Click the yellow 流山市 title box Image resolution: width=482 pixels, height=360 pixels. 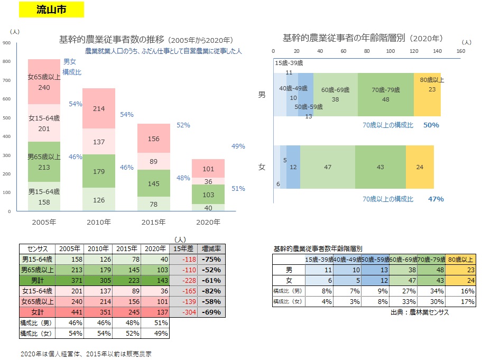coord(51,10)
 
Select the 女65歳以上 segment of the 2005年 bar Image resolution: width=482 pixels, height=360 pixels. coord(44,82)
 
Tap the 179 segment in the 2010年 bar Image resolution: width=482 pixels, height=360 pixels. coord(99,171)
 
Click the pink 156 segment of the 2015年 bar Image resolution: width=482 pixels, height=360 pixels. coord(154,139)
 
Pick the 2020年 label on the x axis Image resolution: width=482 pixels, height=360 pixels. coord(208,223)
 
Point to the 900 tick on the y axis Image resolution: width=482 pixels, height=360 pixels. coord(7,43)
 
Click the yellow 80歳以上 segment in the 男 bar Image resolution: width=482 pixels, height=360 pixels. coord(431,94)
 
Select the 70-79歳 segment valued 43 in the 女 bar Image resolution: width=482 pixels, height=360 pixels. coord(380,167)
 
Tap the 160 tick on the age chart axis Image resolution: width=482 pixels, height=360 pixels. coord(460,51)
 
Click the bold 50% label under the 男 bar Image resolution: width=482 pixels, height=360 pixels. coord(431,125)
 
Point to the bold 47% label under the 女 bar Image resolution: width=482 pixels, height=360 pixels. coord(436,199)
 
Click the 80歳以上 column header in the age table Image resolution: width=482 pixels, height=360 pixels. coord(460,259)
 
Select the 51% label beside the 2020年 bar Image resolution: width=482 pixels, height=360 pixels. coord(238,188)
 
